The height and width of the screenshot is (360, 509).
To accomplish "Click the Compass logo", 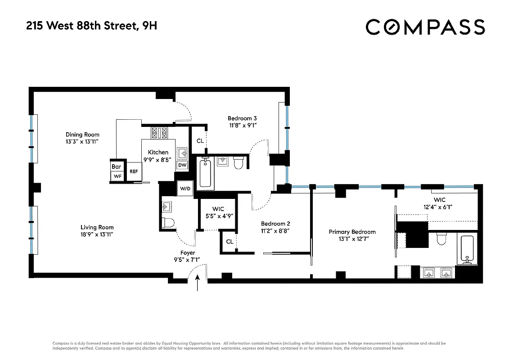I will (x=425, y=27).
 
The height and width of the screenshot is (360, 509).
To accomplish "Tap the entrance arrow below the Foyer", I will (x=197, y=285).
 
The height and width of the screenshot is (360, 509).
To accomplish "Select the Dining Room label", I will (x=82, y=135).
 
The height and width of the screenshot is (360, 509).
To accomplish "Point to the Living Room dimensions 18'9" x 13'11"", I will (x=97, y=234).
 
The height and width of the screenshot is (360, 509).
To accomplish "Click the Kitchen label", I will (x=158, y=153).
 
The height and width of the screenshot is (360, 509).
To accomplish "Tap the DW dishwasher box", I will (x=182, y=165).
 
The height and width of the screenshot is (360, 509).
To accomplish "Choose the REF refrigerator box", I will (x=134, y=171).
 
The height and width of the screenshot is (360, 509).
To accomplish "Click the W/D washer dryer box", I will (x=185, y=188).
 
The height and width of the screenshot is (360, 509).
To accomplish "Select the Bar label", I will (x=116, y=167).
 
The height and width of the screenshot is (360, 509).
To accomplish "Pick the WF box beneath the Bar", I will (x=117, y=176).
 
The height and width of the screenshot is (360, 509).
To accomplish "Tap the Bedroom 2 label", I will (x=275, y=224).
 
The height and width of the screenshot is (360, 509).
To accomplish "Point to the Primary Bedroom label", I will (x=352, y=232).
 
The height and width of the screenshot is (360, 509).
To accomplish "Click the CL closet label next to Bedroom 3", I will (x=200, y=141).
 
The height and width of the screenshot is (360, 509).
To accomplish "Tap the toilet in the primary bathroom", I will (x=441, y=239).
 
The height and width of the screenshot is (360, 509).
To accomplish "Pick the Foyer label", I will (x=188, y=252).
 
